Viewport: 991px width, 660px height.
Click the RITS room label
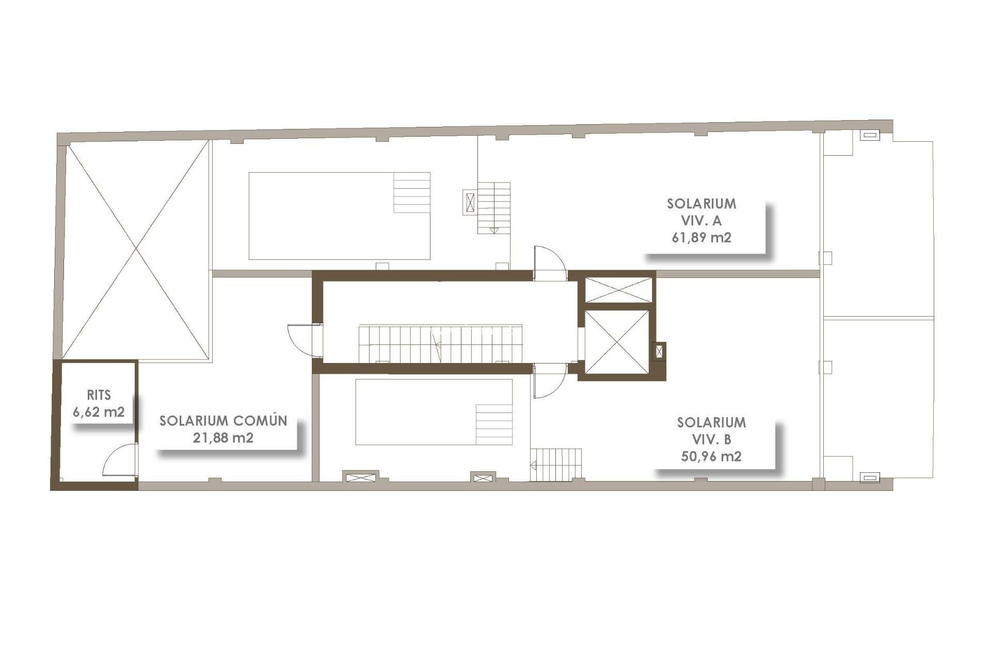[99, 395]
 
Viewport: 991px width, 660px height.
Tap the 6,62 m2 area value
[99, 412]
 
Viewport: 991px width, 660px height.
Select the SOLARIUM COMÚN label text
[223, 421]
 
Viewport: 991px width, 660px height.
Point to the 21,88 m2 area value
[223, 438]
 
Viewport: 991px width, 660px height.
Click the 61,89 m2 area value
[701, 238]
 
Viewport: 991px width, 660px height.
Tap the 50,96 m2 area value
[711, 456]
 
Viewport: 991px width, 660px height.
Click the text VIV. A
[701, 221]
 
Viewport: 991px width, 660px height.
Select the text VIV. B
[711, 439]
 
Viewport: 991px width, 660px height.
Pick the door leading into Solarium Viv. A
[549, 263]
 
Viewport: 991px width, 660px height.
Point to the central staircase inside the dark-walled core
[440, 343]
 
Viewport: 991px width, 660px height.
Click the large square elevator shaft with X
[617, 341]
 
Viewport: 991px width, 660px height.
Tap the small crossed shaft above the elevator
[618, 290]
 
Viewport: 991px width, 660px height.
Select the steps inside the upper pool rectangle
[411, 192]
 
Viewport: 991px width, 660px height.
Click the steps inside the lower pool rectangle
[493, 424]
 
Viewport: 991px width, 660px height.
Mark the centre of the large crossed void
[136, 250]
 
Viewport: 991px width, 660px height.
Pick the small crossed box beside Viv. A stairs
[470, 202]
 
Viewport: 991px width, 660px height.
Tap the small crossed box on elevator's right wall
[659, 352]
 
